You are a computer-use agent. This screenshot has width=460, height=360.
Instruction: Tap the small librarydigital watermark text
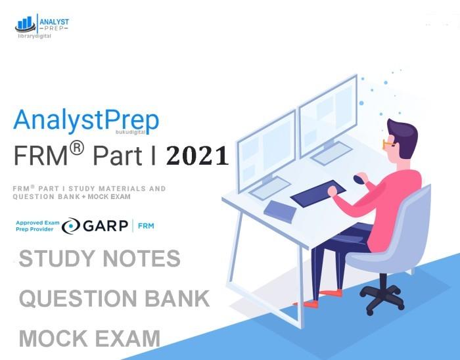(x=34, y=37)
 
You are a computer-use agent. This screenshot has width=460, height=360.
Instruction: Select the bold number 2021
(x=197, y=156)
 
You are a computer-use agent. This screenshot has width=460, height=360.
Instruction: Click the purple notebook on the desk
(x=280, y=211)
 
